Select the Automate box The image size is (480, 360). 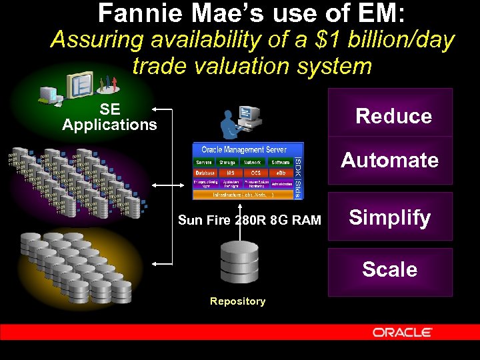[390, 160]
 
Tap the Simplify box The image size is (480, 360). [390, 217]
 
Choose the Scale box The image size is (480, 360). [390, 270]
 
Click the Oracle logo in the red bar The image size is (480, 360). [403, 332]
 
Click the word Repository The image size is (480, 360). [237, 301]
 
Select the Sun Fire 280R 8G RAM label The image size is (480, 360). [249, 220]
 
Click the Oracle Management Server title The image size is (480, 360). [243, 150]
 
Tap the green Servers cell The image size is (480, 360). [203, 162]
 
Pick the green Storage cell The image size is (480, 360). [227, 162]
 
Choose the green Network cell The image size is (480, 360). [253, 162]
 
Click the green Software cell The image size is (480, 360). [280, 162]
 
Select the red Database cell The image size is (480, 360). [205, 173]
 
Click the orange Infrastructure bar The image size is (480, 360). [243, 195]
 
